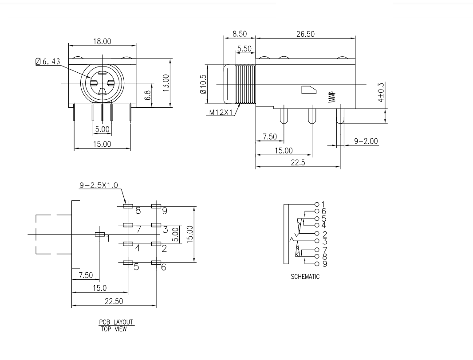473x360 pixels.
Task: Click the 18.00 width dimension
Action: coord(102,41)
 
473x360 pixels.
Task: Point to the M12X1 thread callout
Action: coord(221,112)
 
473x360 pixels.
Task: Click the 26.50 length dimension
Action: coord(305,34)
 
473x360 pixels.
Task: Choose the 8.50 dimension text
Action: coord(240,34)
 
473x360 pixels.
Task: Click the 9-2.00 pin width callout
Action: coord(366,141)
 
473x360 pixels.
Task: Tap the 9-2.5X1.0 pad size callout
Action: coord(99,185)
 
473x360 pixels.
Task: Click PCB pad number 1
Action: coord(100,234)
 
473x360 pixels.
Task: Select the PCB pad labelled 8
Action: coord(128,206)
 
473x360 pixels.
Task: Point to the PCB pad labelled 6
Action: coord(156,263)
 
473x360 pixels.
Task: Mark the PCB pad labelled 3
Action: coord(156,225)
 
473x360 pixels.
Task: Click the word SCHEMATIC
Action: coord(305,277)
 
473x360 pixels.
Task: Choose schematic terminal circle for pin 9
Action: coord(316,264)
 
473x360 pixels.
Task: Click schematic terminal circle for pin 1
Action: coord(316,204)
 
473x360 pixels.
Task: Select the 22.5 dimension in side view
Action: coord(298,162)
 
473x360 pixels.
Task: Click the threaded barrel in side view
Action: coord(245,84)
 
